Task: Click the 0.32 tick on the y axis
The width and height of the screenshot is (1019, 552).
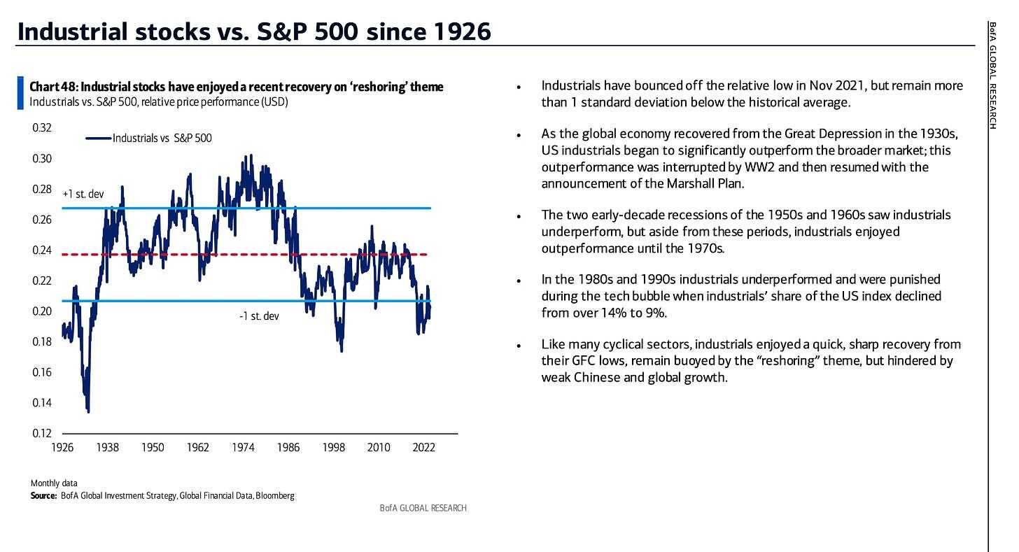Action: (42, 128)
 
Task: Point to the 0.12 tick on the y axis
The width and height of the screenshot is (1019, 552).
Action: (42, 434)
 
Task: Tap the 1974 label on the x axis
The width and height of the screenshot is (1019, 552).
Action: (243, 448)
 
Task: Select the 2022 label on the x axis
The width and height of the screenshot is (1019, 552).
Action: (423, 448)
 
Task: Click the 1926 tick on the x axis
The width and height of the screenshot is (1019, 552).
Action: (62, 448)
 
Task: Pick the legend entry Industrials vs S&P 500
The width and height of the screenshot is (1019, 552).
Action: (162, 139)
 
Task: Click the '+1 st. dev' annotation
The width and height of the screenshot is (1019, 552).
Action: (83, 194)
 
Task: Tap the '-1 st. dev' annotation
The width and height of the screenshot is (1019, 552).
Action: (259, 316)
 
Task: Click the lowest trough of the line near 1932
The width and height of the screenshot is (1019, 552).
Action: (88, 411)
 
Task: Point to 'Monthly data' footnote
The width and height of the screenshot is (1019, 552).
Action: (54, 483)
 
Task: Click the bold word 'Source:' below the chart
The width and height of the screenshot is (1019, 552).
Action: (43, 496)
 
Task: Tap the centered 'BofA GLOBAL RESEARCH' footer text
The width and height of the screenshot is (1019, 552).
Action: (423, 508)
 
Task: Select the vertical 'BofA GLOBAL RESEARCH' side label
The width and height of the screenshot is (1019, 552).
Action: (993, 76)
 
